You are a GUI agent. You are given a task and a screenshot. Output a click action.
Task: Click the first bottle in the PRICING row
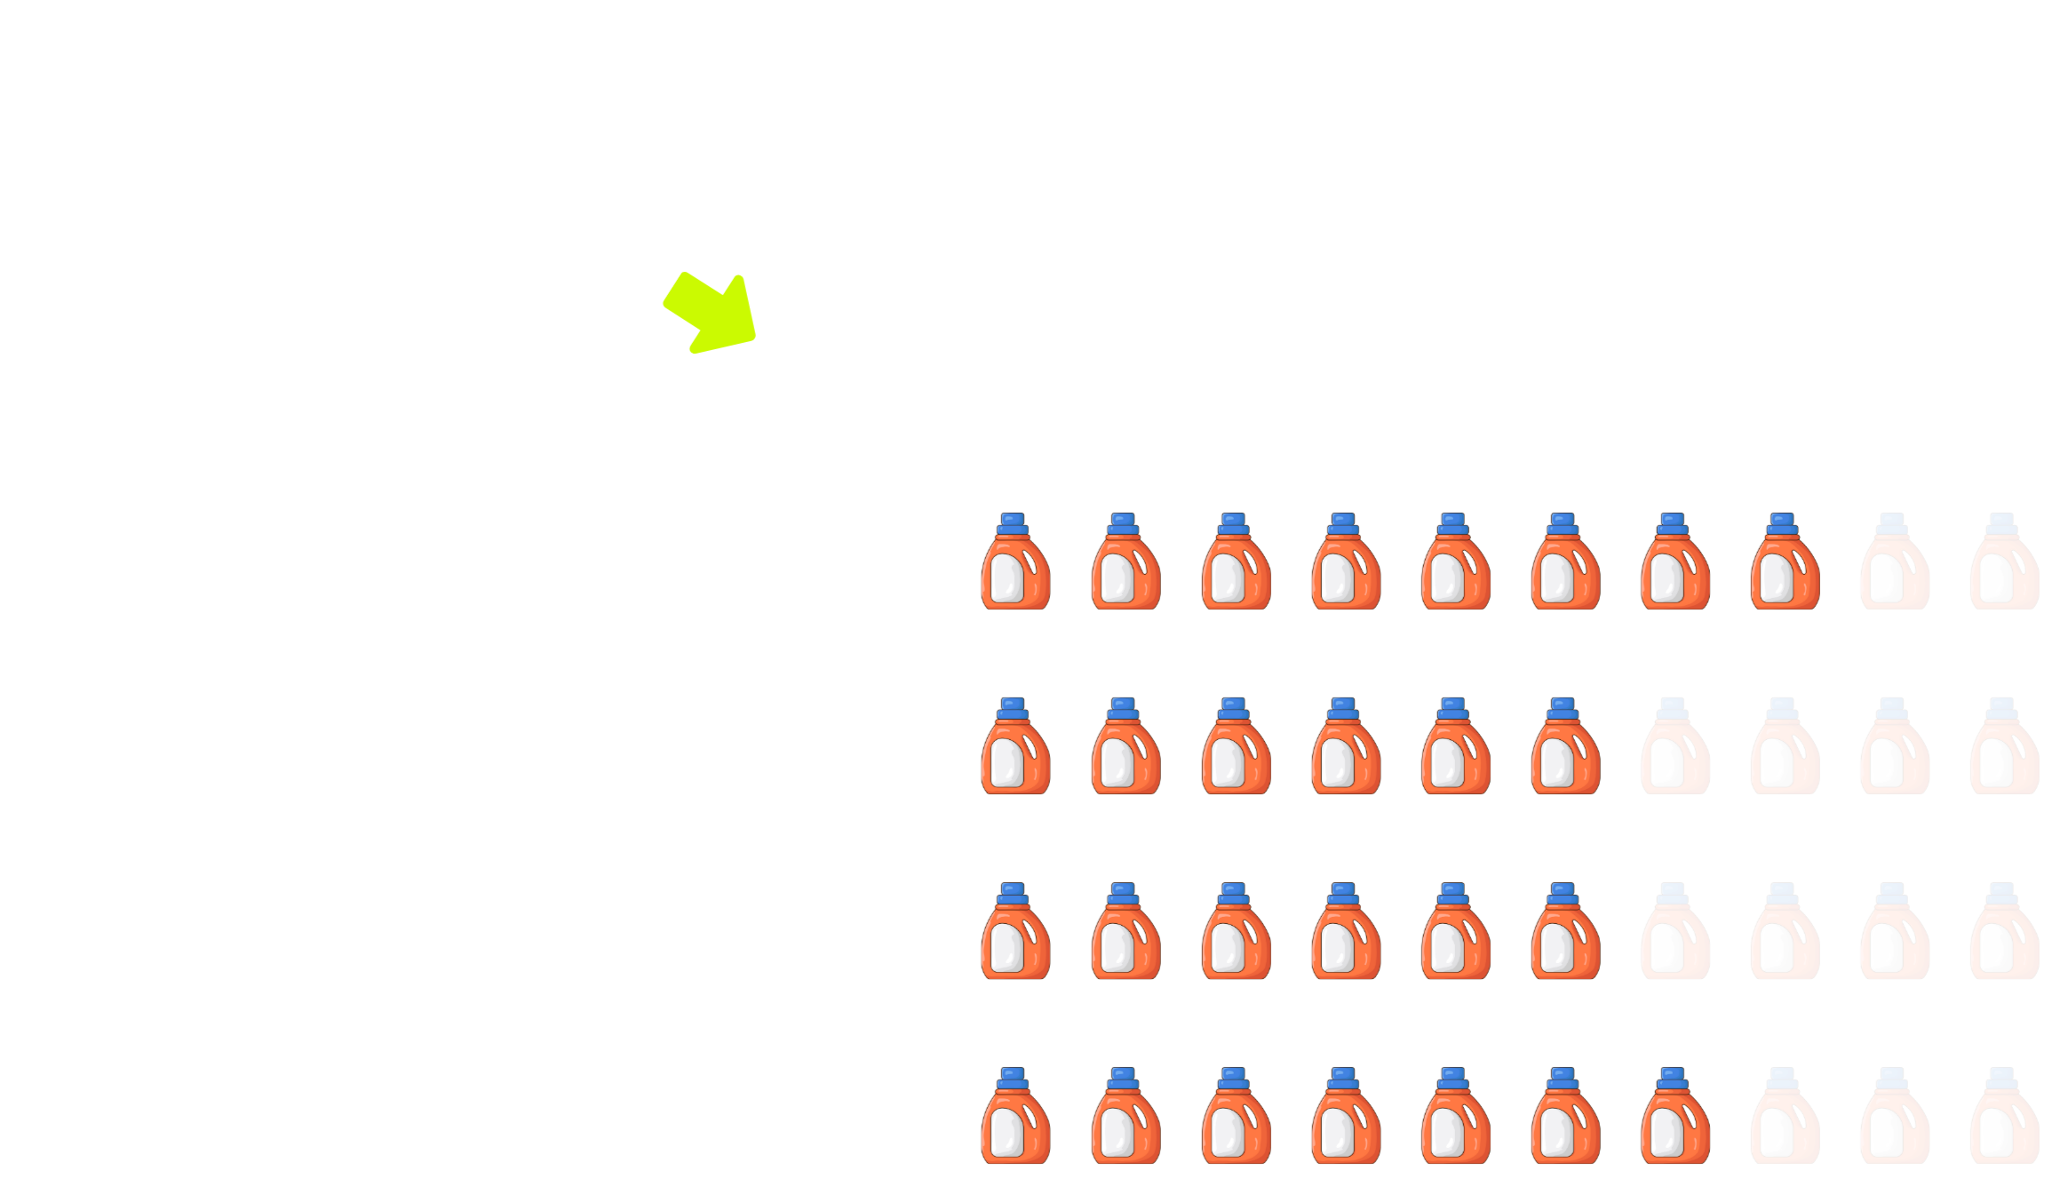[x=1015, y=562]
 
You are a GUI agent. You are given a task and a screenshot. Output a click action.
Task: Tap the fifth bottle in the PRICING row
[x=1455, y=562]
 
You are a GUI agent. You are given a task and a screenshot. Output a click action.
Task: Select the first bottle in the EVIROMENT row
[x=1015, y=747]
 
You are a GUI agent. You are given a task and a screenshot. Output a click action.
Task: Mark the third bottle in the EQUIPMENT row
[x=1235, y=932]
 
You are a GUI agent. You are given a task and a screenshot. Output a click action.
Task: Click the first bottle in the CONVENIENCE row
[x=1015, y=1117]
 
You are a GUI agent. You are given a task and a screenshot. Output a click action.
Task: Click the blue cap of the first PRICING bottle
[x=1013, y=523]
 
